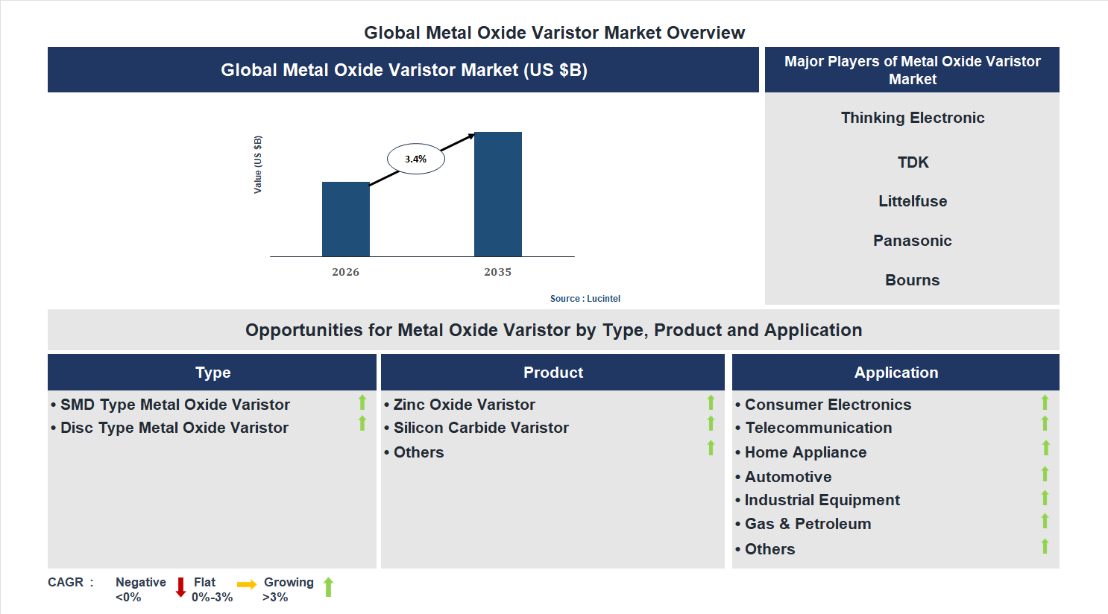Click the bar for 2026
pos(345,219)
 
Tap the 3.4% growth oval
pos(415,159)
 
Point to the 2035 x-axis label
pos(497,272)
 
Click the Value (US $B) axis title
pos(258,165)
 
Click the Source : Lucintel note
pos(585,299)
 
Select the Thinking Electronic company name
pos(912,118)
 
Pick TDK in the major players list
pos(913,162)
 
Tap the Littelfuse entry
pos(912,201)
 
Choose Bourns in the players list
pos(912,280)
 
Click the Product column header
pos(553,373)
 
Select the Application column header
pos(895,373)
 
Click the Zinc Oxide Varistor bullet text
pos(464,405)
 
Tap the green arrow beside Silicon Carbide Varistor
pos(711,423)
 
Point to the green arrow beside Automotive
pos(1045,474)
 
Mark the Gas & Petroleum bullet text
pos(808,524)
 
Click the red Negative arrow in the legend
pos(180,587)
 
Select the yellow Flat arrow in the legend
pos(247,584)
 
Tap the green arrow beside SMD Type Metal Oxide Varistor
pos(362,402)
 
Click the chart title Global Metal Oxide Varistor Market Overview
pos(554,33)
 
